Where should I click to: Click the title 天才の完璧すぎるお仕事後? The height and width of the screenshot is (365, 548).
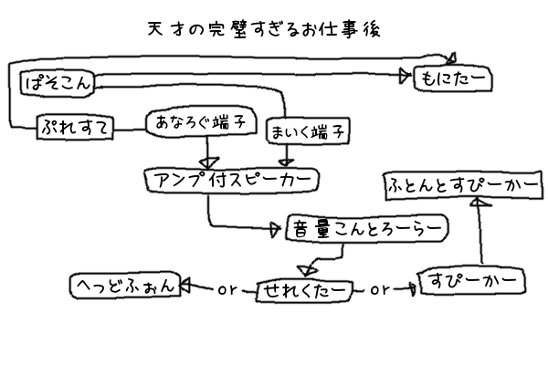pos(262,28)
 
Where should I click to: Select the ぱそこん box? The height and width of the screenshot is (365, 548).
pos(56,85)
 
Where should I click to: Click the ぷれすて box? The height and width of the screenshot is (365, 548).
pos(74,130)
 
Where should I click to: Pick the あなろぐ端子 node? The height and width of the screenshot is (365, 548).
pos(200,122)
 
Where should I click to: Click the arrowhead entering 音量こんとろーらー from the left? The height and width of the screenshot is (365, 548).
pos(278,230)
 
